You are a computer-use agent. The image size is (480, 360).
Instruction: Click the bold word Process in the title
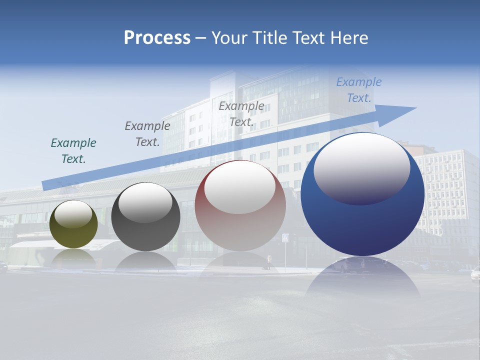click(157, 37)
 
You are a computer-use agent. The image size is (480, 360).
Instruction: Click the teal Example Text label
click(73, 151)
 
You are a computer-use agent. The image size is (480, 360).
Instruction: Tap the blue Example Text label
click(359, 90)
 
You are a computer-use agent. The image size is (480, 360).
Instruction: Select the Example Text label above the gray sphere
click(147, 134)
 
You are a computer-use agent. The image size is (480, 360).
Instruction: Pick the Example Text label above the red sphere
click(241, 114)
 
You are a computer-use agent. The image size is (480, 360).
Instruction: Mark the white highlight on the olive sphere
click(73, 214)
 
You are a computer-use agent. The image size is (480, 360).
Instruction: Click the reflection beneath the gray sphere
click(145, 261)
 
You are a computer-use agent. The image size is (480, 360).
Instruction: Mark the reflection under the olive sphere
click(73, 256)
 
